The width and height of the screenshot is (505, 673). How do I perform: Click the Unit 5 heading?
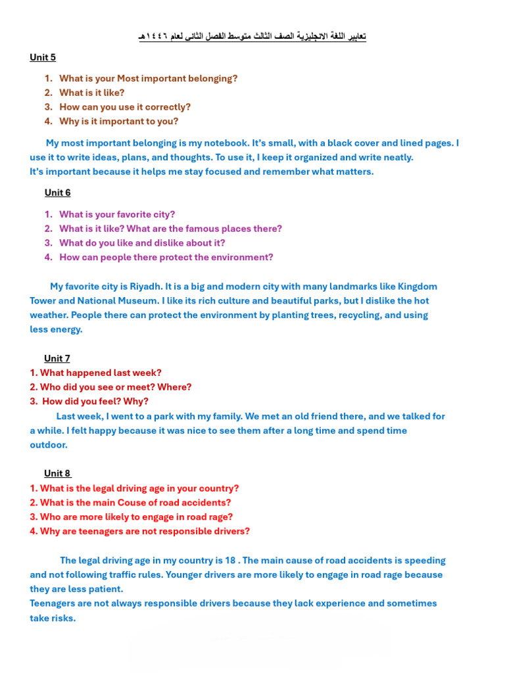[x=43, y=57]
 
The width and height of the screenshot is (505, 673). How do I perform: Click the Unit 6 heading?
[x=57, y=193]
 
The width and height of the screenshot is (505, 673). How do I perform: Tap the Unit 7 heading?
[x=57, y=358]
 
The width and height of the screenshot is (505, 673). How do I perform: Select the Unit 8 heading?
[x=57, y=473]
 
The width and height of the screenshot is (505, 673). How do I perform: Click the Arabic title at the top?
[x=252, y=36]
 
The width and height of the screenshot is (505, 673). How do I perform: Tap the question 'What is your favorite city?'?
[x=117, y=214]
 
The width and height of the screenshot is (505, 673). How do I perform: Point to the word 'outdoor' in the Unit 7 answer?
[x=48, y=445]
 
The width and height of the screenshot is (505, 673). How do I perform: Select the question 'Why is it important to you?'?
[x=118, y=121]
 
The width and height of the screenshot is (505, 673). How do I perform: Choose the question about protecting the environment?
[x=166, y=257]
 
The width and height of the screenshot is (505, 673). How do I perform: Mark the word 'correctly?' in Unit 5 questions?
[x=168, y=106]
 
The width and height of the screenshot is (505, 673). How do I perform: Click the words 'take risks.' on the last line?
[x=53, y=618]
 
